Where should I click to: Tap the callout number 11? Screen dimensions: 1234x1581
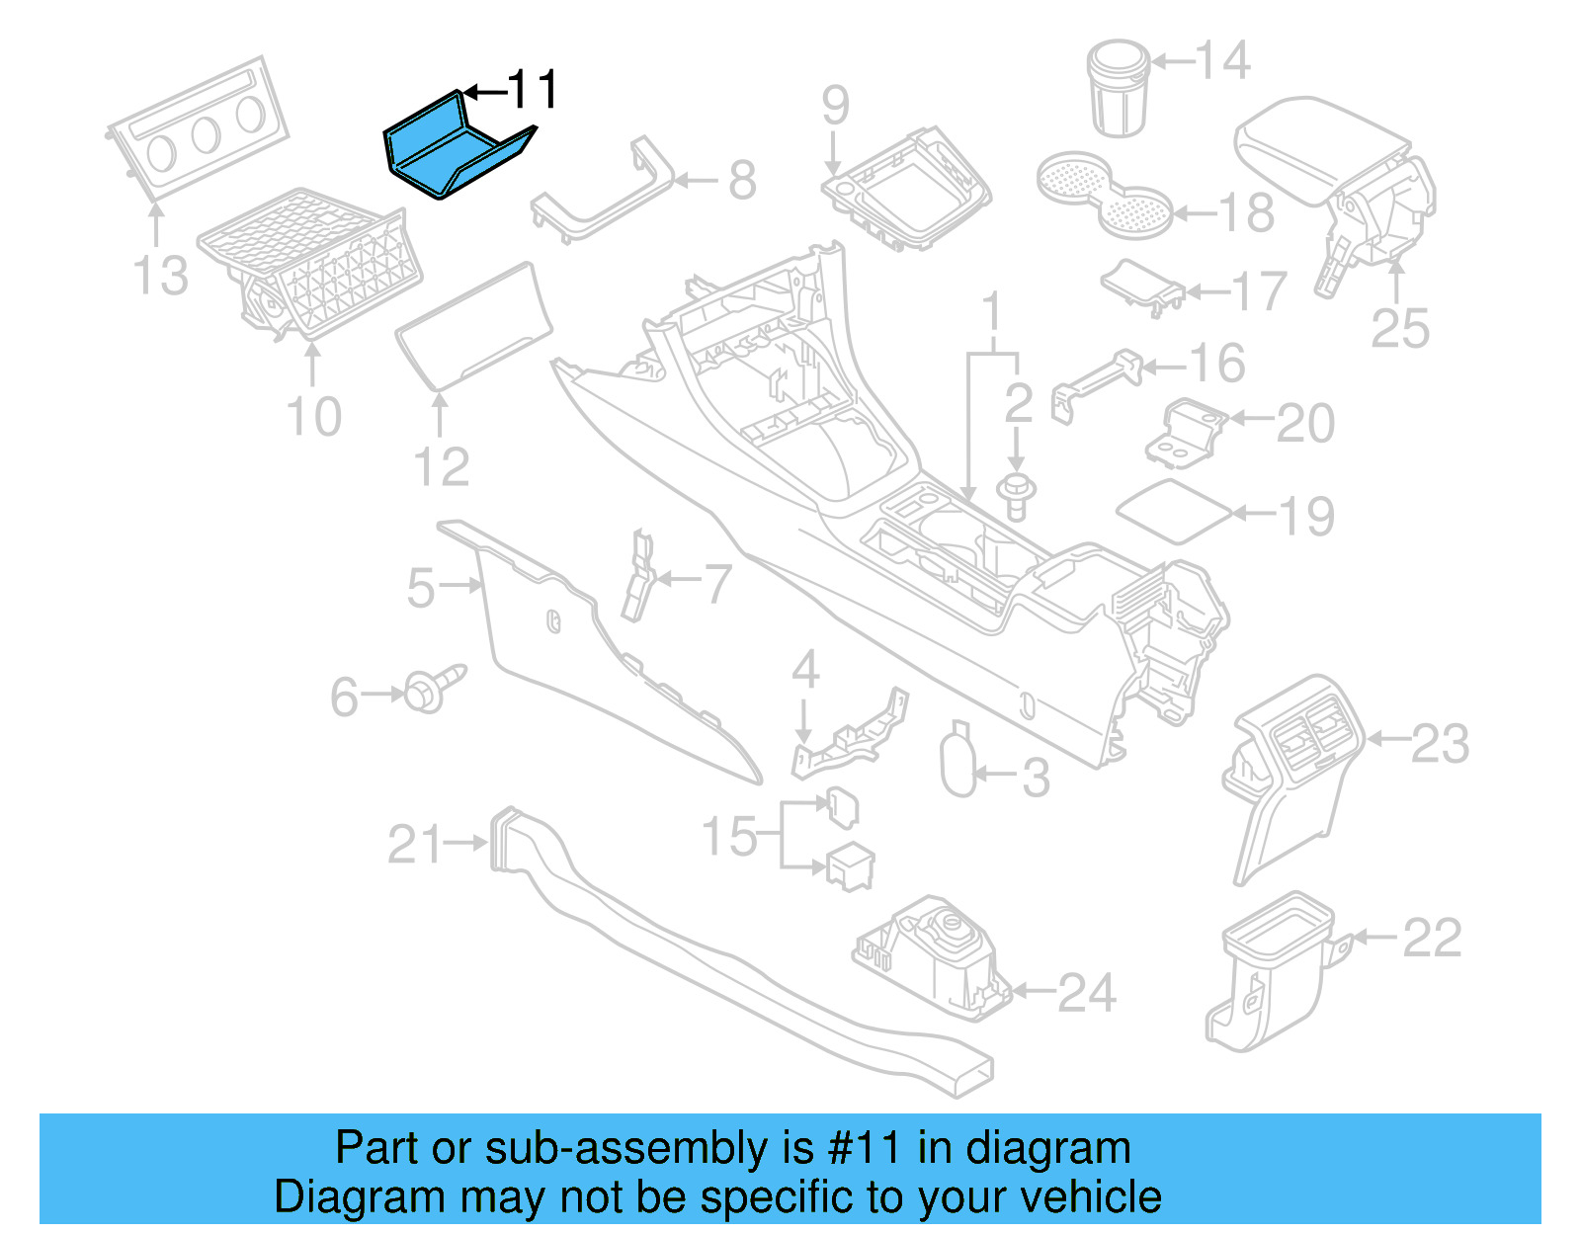tap(533, 91)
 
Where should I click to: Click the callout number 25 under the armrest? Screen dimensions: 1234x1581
tap(1400, 328)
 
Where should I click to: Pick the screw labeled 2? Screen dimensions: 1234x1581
tap(1016, 495)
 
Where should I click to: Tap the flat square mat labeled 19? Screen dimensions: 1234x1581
tap(1173, 511)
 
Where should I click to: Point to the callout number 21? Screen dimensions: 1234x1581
tap(415, 845)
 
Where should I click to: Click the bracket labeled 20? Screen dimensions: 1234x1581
tap(1187, 432)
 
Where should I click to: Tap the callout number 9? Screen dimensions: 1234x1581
tap(835, 106)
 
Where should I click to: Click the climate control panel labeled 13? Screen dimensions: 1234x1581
tap(198, 128)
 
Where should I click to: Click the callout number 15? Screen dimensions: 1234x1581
tap(729, 837)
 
